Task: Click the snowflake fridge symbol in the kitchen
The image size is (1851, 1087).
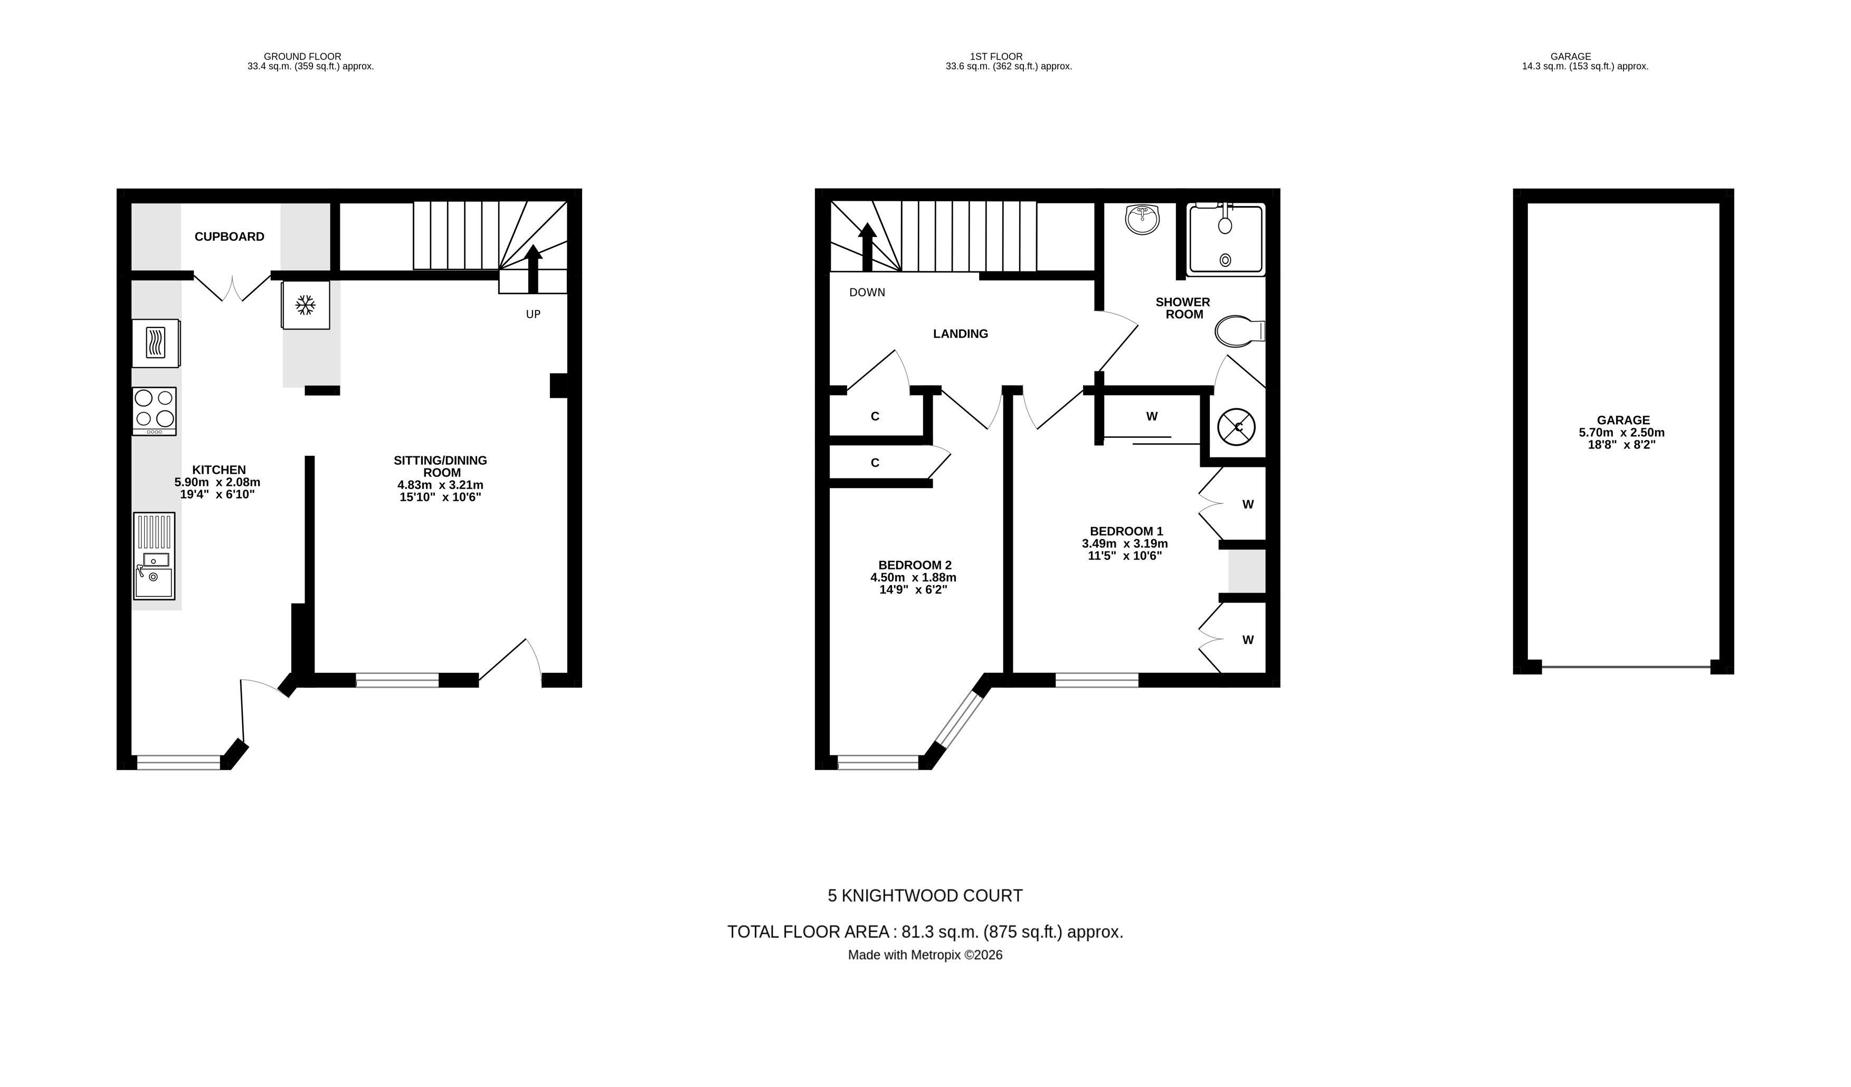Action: click(306, 305)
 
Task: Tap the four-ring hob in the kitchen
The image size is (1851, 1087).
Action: click(154, 411)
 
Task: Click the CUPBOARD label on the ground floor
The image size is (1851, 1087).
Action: click(229, 237)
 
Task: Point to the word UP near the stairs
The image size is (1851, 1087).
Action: click(533, 315)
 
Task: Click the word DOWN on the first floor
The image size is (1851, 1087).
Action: click(867, 293)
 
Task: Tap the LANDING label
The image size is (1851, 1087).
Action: click(960, 334)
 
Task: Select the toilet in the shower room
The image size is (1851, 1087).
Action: click(1238, 332)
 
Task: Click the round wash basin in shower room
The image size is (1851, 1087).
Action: click(1142, 219)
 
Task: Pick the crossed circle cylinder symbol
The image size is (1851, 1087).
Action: click(1236, 427)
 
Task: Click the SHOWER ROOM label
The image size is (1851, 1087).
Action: click(1183, 308)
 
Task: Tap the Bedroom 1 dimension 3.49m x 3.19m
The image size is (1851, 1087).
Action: click(1125, 544)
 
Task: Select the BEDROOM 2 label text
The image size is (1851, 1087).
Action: click(915, 565)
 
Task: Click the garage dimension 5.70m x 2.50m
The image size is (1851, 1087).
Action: click(1622, 433)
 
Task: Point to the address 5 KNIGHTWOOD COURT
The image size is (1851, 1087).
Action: click(925, 896)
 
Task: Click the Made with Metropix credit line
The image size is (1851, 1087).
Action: click(925, 955)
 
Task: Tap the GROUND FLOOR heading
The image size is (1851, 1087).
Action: click(302, 57)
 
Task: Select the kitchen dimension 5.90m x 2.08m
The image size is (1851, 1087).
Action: click(217, 483)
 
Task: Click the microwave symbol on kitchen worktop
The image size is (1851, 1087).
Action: click(155, 342)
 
